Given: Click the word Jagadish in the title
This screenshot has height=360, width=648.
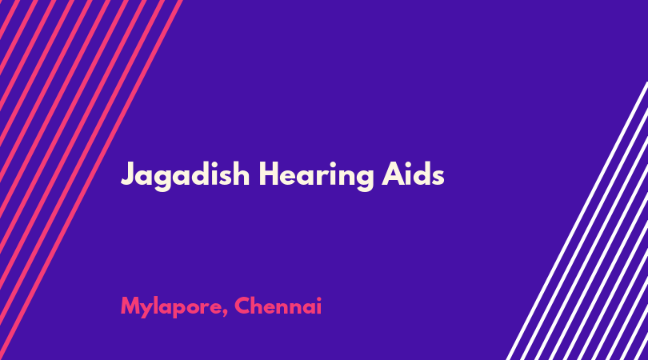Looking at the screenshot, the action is coord(185,176).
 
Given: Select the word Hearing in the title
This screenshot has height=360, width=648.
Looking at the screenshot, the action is coord(316,176).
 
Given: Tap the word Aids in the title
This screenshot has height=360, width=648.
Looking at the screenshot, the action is coord(413,174).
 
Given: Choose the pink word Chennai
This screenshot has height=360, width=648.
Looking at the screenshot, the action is coord(278,306).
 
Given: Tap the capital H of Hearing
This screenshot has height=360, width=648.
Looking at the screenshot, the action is coord(269,174).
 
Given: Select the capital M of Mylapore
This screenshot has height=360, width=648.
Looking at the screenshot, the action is coord(130,306).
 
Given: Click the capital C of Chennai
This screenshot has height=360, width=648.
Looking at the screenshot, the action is coord(242,306).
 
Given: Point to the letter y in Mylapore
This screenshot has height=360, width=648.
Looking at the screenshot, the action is coord(148,310).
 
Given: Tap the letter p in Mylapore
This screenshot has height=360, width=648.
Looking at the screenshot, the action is coord(180,310).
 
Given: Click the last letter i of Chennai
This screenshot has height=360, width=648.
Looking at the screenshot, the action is coord(318,306).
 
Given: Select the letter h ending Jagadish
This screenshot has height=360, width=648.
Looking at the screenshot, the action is coord(241,174).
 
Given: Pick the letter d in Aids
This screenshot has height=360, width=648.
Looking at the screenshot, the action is coord(420,174).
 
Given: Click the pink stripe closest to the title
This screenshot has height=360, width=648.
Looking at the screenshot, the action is coord(91,180).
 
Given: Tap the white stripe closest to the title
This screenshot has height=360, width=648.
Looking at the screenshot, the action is coord(578,221).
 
